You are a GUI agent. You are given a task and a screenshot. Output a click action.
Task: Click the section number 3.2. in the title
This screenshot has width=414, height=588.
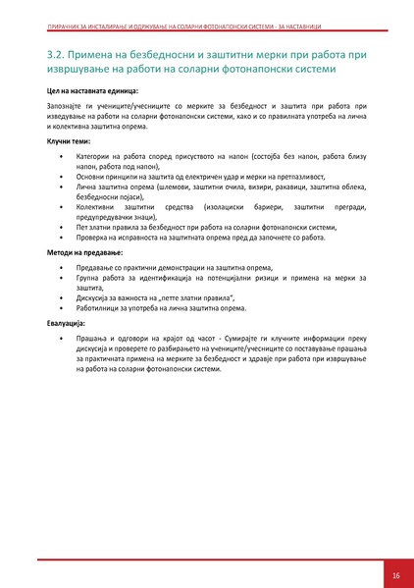(59, 53)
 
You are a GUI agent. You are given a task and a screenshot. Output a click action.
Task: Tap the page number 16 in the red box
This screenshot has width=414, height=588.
(395, 575)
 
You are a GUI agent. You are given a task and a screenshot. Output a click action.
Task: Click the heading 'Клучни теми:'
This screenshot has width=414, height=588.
(68, 140)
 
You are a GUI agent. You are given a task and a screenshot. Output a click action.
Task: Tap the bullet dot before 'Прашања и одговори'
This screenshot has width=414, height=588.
(61, 338)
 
